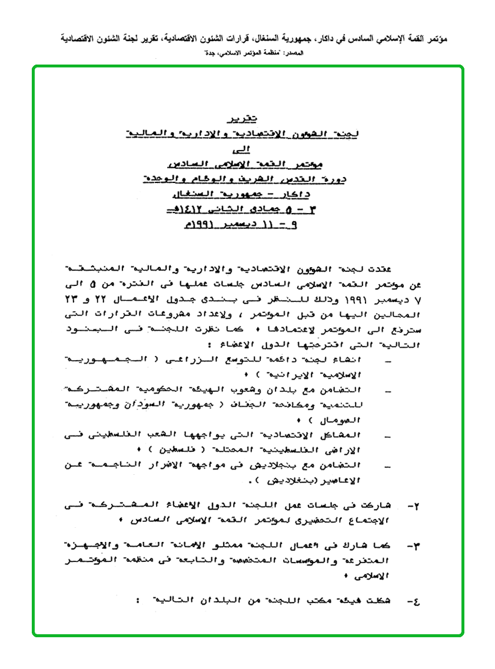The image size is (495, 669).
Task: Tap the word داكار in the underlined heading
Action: [296, 194]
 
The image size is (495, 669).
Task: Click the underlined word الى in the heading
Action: [242, 149]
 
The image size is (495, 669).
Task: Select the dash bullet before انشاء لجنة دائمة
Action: [387, 360]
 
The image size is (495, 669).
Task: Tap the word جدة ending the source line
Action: [205, 54]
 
